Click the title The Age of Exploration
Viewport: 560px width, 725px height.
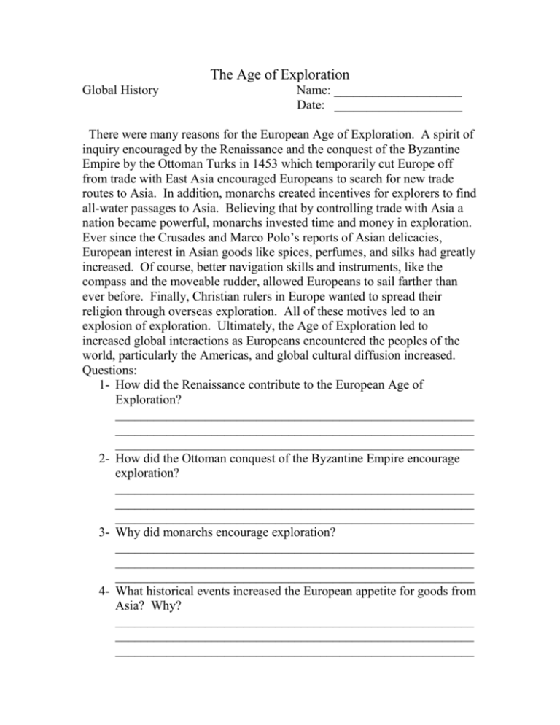[280, 74]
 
